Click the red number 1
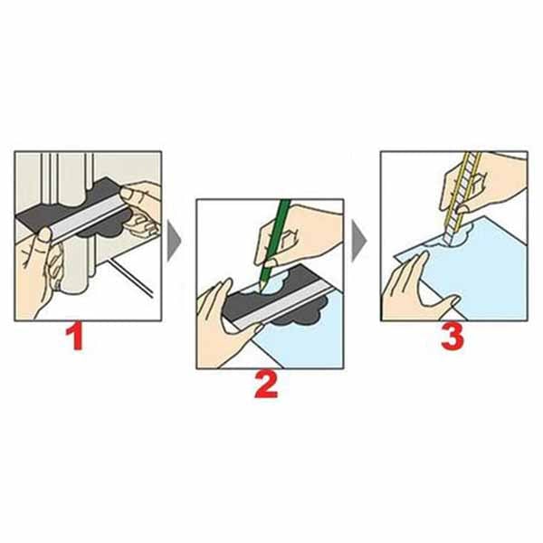point(75,338)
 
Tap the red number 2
point(266,385)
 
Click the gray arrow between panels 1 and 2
point(174,242)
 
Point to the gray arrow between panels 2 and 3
point(358,242)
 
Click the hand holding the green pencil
point(298,235)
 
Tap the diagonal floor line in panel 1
point(130,278)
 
